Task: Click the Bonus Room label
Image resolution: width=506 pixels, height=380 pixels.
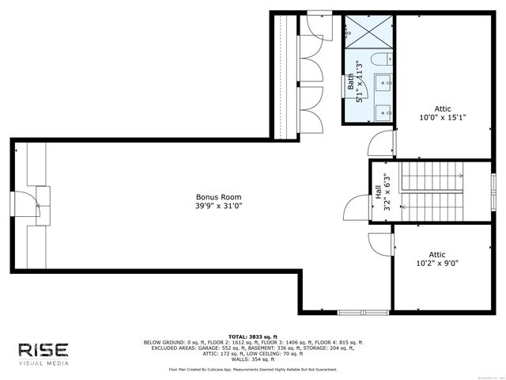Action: (219, 196)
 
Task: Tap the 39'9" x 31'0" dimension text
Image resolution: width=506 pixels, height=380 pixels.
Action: (219, 207)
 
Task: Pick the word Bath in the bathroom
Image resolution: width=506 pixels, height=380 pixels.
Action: (350, 82)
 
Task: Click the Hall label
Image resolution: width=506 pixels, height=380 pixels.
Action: (378, 191)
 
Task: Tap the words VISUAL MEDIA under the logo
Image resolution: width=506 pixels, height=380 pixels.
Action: (44, 363)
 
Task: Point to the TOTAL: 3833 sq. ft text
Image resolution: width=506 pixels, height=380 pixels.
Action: (252, 336)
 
